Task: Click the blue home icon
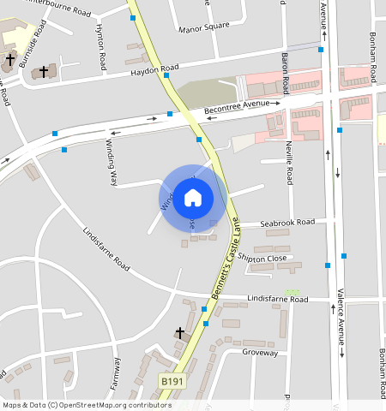tap(193, 199)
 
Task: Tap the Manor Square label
tap(204, 27)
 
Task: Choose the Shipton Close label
tap(263, 258)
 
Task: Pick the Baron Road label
tap(283, 68)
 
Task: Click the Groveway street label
tap(260, 352)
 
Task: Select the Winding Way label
tap(111, 163)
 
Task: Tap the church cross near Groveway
tap(180, 332)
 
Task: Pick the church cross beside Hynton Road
tap(43, 72)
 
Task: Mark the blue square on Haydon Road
tap(166, 75)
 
